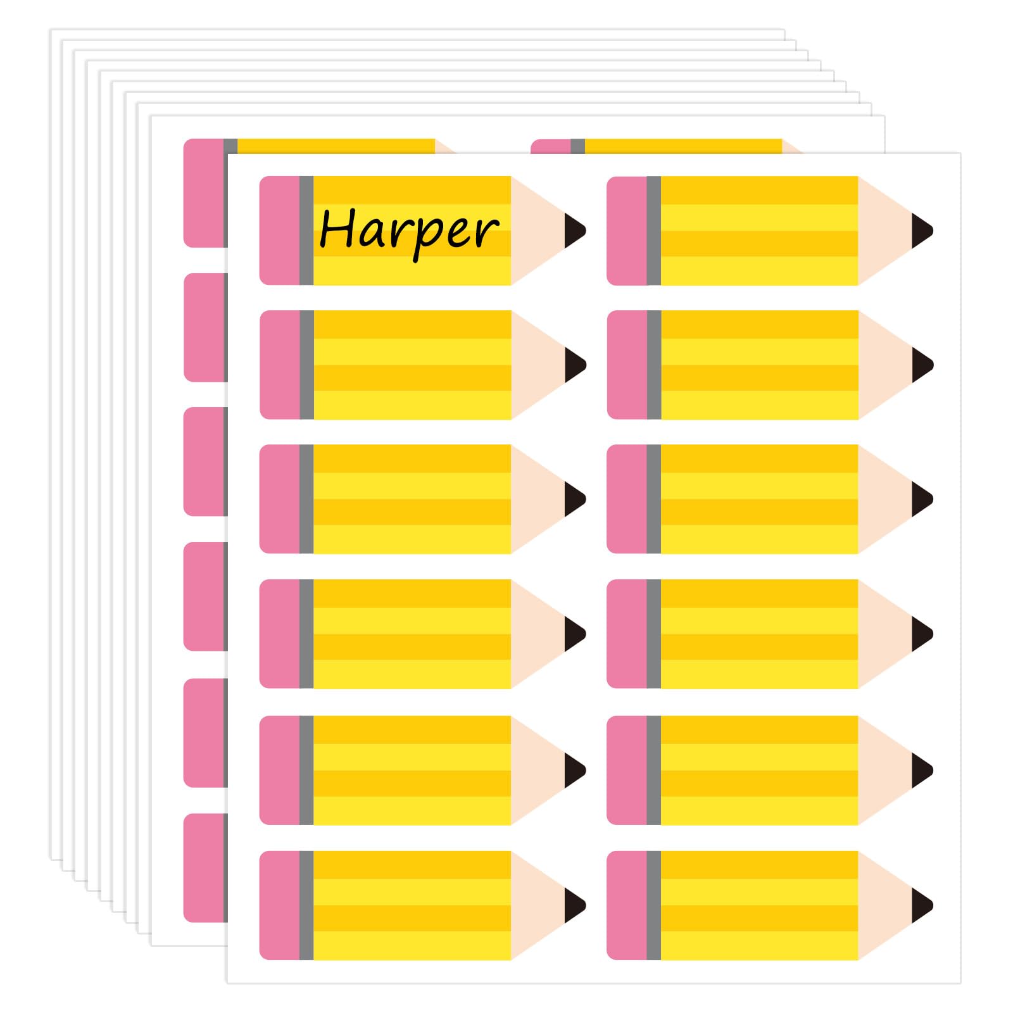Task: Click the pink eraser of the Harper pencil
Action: (x=279, y=230)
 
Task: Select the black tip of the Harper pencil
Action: (x=573, y=230)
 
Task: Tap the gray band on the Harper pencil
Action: (x=306, y=230)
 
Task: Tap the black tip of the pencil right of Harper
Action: (x=920, y=230)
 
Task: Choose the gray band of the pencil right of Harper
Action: (x=653, y=230)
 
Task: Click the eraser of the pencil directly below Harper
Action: (x=279, y=365)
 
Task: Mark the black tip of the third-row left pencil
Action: (x=573, y=499)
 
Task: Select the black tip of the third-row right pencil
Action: (x=920, y=499)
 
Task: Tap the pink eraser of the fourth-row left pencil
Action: (x=279, y=634)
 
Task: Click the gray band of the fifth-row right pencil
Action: (x=653, y=771)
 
